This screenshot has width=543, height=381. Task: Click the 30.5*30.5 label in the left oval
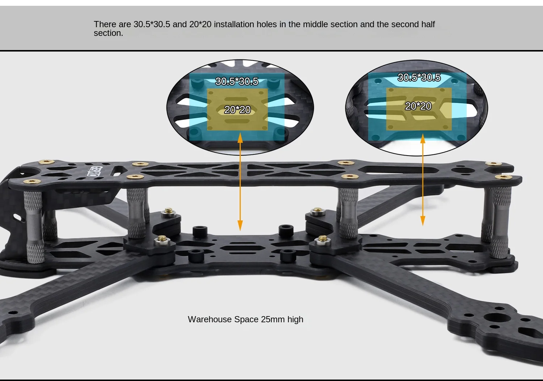pos(237,81)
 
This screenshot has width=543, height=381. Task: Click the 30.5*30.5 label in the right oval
pos(419,77)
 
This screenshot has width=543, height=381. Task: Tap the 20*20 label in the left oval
pos(237,109)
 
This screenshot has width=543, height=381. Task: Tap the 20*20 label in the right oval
pos(418,106)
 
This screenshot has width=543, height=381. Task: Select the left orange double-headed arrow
pos(240,181)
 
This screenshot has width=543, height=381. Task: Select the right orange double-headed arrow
pos(422,179)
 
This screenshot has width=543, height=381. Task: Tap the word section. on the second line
pos(108,33)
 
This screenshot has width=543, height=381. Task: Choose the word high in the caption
pos(295,319)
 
